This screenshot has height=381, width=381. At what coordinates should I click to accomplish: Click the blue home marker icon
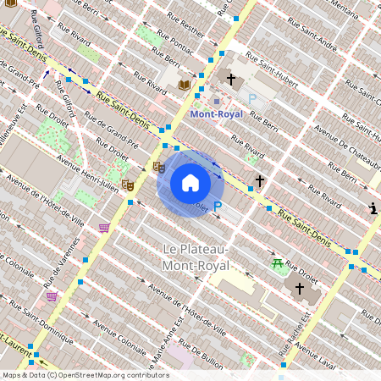[190, 183]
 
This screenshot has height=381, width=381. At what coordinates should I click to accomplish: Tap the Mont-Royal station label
[216, 113]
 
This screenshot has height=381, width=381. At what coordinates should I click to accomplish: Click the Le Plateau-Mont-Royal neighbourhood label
[196, 257]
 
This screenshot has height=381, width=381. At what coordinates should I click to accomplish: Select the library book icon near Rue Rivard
[185, 86]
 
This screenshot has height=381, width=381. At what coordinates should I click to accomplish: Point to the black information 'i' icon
[373, 208]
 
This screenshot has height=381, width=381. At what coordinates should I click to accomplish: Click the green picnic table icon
[278, 264]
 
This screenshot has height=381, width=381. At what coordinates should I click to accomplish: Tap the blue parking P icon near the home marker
[218, 206]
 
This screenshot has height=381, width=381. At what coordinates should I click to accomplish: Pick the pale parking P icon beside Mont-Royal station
[251, 99]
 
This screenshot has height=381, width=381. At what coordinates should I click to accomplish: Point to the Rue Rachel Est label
[302, 339]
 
